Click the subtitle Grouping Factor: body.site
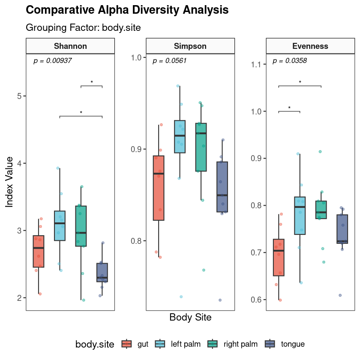pos(84,27)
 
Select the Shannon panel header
pos(70,46)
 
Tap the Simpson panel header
pos(190,46)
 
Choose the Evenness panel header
pos(310,46)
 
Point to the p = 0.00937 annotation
pos(52,61)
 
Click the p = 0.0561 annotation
pos(170,61)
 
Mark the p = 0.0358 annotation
pos(290,61)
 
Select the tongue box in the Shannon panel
pos(102,273)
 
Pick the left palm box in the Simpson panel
pos(180,137)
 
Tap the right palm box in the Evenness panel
pos(321,210)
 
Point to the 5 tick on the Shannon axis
pos(19,96)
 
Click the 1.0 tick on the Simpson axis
pos(137,57)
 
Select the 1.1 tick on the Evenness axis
pos(257,64)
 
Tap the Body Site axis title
pos(190,318)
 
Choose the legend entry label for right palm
pos(241,344)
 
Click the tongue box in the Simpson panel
pos(222,187)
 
